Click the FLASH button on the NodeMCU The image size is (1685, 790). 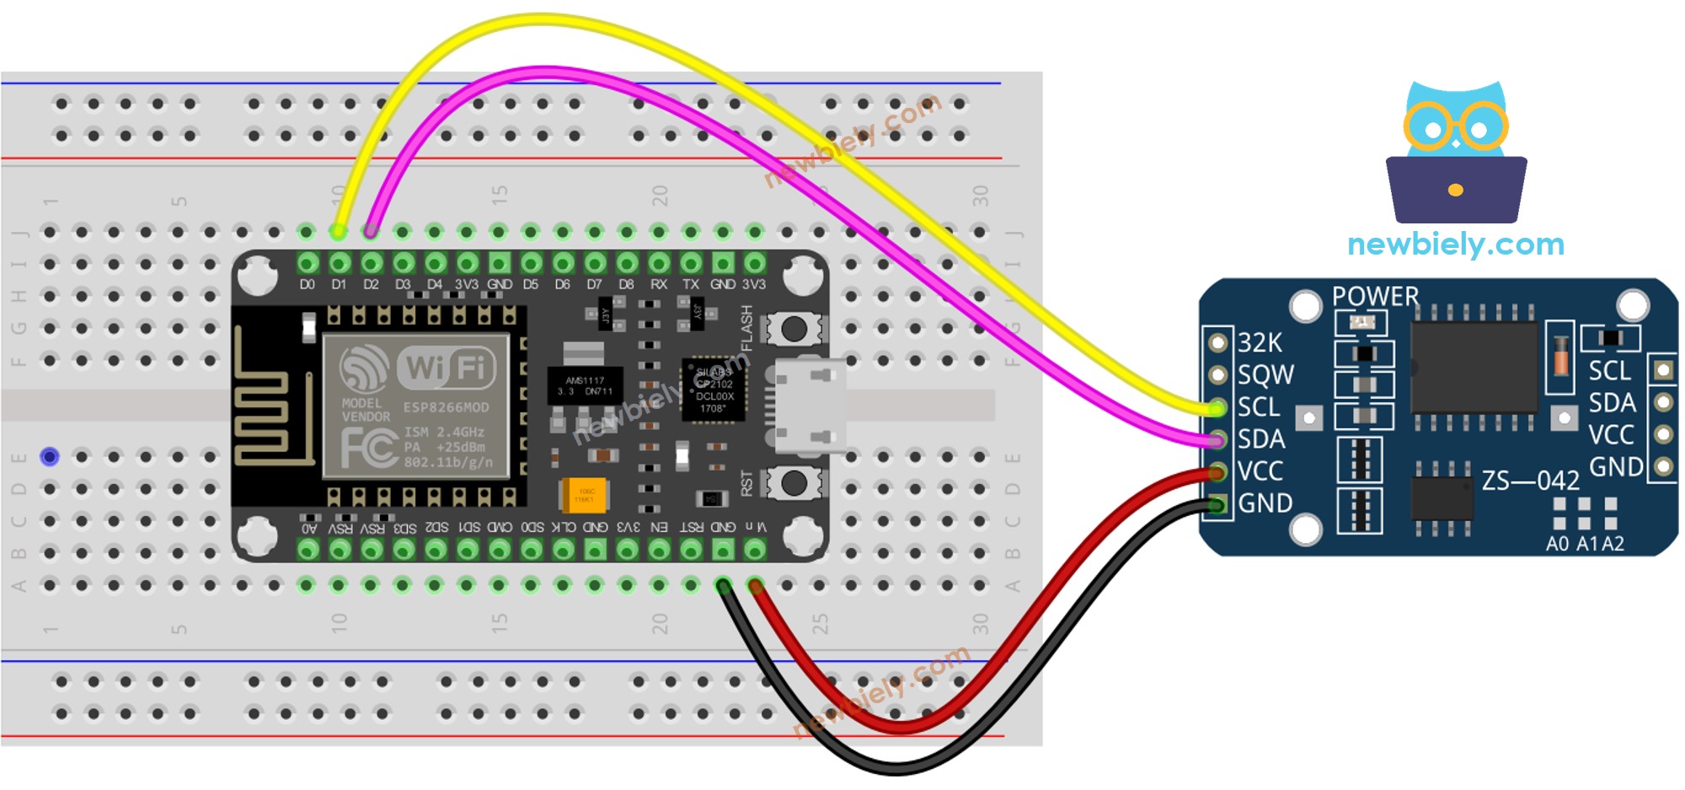[793, 329]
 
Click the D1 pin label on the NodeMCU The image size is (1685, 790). [339, 285]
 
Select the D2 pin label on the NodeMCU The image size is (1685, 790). [371, 285]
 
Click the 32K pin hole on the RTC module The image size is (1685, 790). [1217, 342]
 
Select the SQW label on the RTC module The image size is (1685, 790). [1265, 374]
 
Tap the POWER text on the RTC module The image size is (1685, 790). [1375, 297]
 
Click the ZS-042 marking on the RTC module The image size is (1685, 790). [1530, 481]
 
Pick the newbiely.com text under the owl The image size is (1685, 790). [1456, 245]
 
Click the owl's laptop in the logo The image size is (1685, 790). [1456, 190]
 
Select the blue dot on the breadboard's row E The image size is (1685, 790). [50, 457]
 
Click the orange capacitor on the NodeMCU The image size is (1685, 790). [583, 495]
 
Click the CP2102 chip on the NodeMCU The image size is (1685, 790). [714, 390]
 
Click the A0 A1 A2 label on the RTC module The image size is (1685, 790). [1585, 544]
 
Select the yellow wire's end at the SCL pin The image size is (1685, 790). [1216, 408]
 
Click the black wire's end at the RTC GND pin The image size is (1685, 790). [1217, 505]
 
